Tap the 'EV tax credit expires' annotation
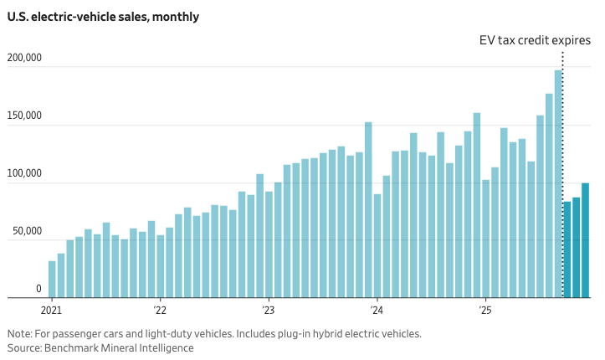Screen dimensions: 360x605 (535, 40)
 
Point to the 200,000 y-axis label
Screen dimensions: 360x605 (24, 59)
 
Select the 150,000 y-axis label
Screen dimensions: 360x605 (24, 116)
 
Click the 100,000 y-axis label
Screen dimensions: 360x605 (24, 173)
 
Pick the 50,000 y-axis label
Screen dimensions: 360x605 (27, 231)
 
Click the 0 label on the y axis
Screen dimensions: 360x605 (38, 289)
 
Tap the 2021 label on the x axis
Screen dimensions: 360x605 (52, 309)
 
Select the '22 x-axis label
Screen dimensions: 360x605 (160, 309)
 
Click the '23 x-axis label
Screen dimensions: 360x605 (268, 309)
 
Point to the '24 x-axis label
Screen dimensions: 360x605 (377, 309)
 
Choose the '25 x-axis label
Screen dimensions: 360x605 (485, 309)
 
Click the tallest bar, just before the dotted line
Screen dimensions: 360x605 (558, 184)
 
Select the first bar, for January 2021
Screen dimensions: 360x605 (52, 280)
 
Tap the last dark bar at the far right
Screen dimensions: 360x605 (586, 240)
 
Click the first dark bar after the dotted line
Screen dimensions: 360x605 (567, 249)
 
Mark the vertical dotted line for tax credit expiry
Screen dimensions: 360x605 (562, 167)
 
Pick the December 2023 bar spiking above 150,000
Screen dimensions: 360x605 (368, 210)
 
